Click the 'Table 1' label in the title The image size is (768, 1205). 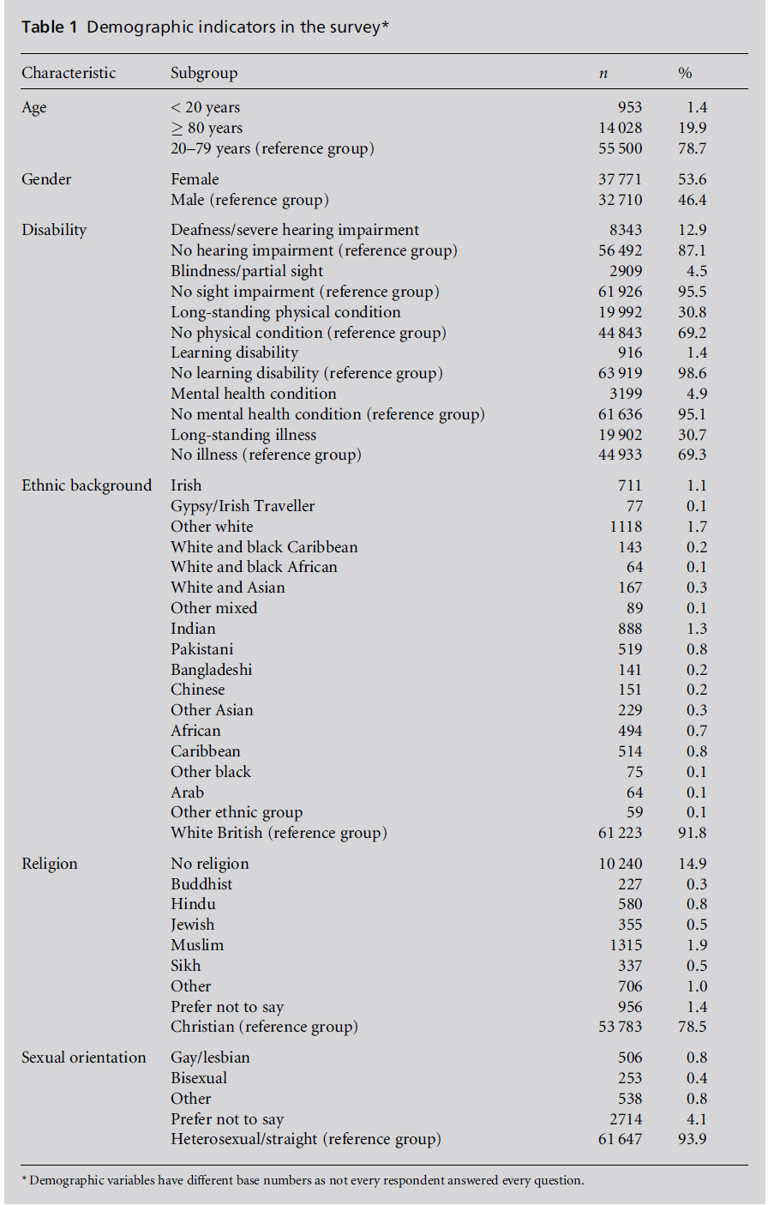pos(50,27)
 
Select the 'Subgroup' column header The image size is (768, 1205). pos(204,73)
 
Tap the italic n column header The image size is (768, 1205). pos(603,74)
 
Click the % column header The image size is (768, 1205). pos(685,73)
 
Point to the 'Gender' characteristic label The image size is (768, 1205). pos(46,179)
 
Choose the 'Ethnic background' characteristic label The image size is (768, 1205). pos(87,485)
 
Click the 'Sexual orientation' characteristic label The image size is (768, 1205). pos(84,1057)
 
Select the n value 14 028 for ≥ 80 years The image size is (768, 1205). pos(620,128)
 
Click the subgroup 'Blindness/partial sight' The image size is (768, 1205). pos(247,271)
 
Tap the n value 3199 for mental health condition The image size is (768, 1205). pos(626,394)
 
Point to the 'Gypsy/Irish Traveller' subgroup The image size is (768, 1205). pos(243,506)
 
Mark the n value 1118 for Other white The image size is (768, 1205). pos(626,527)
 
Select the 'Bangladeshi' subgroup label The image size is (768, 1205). pos(211,670)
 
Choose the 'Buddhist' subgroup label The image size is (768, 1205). pos(201,884)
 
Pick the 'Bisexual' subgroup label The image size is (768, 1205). pos(199,1078)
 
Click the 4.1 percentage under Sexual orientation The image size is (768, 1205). pos(697,1119)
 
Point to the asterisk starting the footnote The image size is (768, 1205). pos(24,1179)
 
